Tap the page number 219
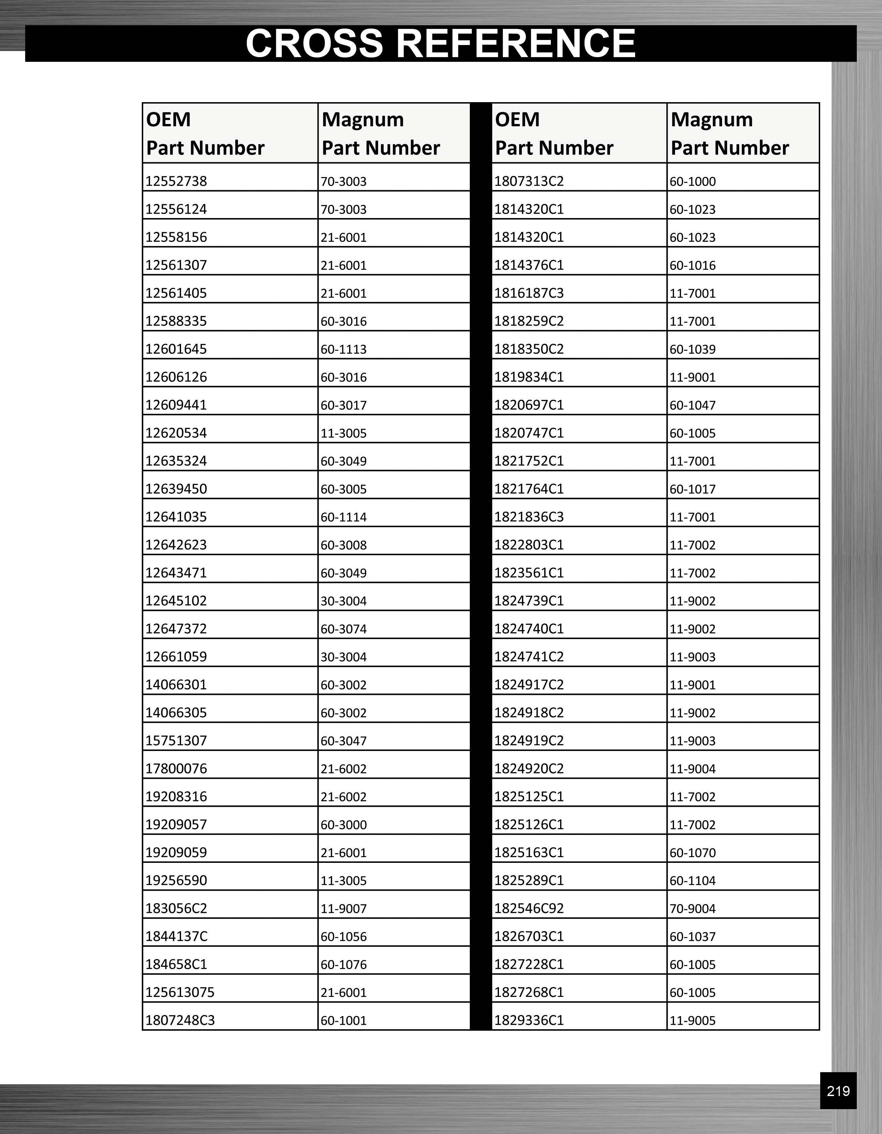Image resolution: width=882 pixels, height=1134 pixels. tap(838, 1091)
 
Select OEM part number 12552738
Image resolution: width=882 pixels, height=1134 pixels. tap(176, 181)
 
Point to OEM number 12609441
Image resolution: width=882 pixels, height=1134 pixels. tap(176, 405)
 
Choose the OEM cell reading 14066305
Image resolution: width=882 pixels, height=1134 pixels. tap(176, 712)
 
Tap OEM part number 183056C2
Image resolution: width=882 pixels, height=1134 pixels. tap(176, 908)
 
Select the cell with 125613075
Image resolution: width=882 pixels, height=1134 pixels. tap(180, 992)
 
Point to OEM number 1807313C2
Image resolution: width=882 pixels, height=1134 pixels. tap(529, 181)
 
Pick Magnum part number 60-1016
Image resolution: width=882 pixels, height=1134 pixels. tap(692, 265)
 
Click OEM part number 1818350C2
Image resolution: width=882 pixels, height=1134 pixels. tap(529, 349)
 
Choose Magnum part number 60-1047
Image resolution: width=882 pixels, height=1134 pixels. tap(692, 405)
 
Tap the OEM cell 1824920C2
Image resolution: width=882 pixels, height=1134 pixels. tap(529, 768)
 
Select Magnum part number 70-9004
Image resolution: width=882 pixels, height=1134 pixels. tap(692, 908)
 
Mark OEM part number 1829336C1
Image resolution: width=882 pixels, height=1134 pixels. tap(529, 1020)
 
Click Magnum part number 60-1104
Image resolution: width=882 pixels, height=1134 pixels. tap(692, 881)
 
